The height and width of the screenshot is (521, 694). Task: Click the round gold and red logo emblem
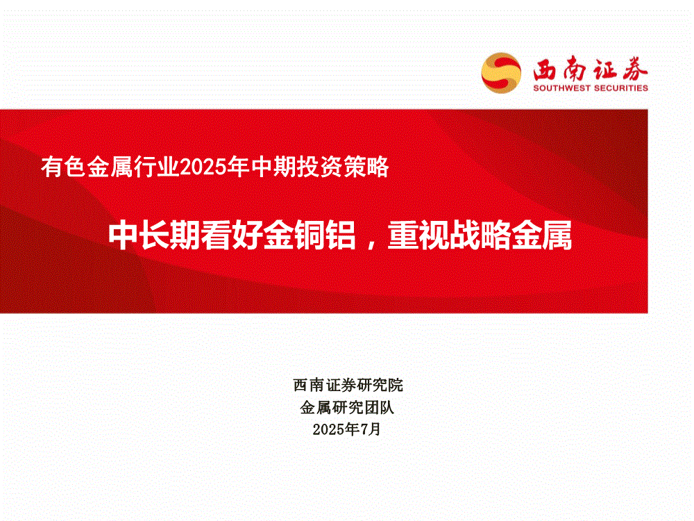pos(501,73)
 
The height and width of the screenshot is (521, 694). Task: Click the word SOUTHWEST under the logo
pos(561,88)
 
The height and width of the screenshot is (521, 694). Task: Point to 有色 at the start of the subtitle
pos(63,167)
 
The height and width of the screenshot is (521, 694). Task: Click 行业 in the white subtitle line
pos(157,167)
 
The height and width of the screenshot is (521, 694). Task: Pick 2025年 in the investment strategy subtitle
pos(215,167)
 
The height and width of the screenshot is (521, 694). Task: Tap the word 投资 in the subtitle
pos(319,167)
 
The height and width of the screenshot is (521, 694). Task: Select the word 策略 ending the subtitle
pos(366,167)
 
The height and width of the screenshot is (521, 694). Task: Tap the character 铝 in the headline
pos(340,235)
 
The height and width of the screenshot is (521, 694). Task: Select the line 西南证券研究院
pos(348,385)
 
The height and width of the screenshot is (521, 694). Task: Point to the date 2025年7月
pos(346,429)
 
